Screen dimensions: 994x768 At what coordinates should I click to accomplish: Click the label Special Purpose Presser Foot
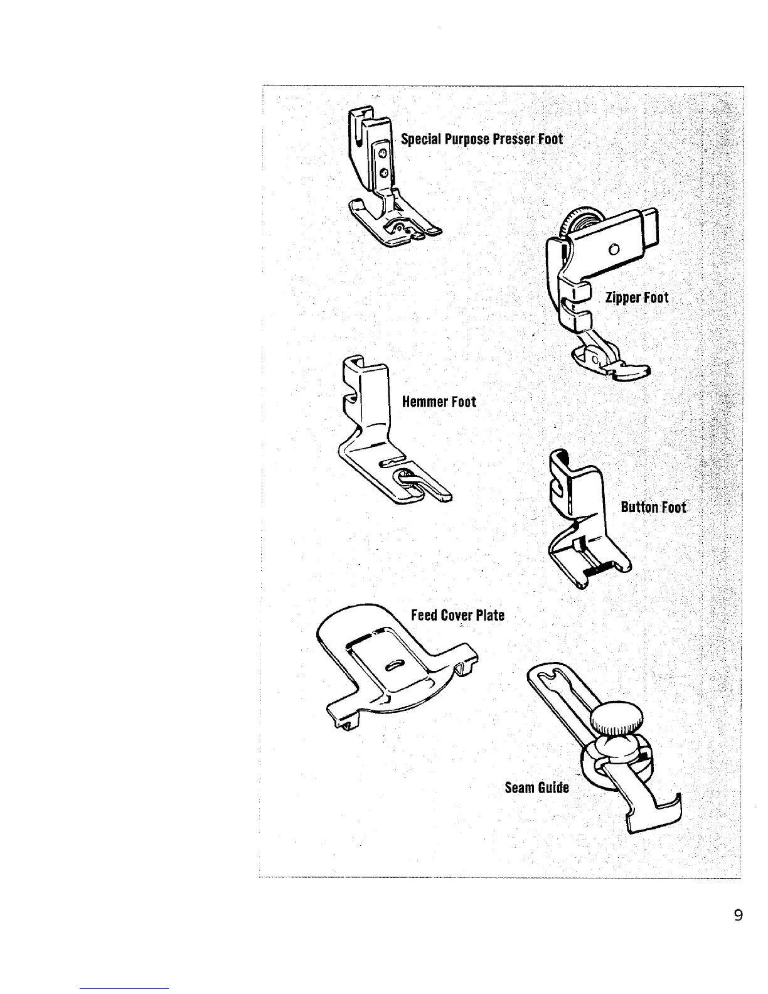tap(482, 139)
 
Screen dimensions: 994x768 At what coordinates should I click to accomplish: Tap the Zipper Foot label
tap(637, 298)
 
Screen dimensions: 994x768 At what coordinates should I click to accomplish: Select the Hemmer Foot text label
tap(439, 402)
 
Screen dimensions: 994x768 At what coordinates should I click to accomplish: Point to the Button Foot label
tap(653, 507)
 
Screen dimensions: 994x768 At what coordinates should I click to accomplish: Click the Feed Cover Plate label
tap(457, 615)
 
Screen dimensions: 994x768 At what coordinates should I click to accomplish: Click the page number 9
tap(737, 916)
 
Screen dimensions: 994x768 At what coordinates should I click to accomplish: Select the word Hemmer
tap(424, 402)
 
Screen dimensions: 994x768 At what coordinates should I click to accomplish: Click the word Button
tap(639, 507)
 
